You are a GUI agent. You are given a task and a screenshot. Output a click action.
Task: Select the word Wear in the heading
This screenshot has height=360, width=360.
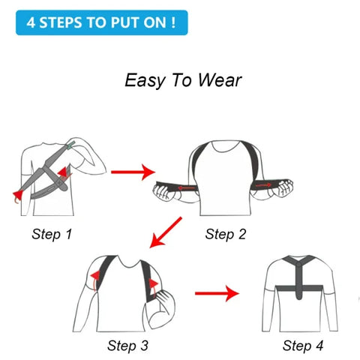point(220,80)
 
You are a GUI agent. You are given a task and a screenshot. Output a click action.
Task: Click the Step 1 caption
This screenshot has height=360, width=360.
point(52,234)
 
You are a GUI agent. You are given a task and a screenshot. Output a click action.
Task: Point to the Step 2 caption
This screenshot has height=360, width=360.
point(226,234)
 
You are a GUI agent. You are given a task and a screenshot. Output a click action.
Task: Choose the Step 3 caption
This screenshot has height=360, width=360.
point(127,346)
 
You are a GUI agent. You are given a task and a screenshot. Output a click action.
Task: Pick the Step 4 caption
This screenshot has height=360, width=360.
point(303,346)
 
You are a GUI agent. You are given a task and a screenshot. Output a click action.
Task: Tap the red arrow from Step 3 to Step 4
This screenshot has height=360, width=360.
point(217,292)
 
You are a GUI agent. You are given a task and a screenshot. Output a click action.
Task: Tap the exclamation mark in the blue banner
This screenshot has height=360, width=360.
point(173,22)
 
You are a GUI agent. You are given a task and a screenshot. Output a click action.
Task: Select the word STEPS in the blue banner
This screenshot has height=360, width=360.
point(65,22)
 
